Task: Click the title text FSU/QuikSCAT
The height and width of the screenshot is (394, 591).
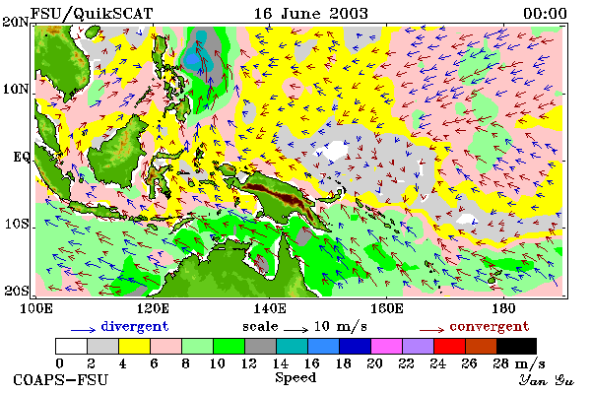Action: tap(92, 14)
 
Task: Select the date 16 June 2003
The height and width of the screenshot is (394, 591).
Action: tap(311, 14)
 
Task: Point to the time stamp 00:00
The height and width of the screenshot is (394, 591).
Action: tap(545, 14)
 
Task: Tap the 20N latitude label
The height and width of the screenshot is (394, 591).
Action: tap(16, 22)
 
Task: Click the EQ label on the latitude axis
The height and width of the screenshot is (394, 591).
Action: tap(21, 157)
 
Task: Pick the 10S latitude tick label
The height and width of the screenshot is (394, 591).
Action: tap(17, 225)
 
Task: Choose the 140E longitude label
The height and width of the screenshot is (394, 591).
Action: tap(269, 308)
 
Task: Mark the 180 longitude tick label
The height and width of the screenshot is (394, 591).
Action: tap(503, 308)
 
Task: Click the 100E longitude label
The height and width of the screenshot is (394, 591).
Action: tap(36, 308)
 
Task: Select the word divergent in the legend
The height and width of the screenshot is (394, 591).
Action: tap(135, 326)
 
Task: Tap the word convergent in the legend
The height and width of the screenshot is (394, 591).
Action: tap(490, 326)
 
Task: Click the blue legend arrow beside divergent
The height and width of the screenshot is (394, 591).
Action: tap(83, 330)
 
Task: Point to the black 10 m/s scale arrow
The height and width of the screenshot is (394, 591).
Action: tap(295, 330)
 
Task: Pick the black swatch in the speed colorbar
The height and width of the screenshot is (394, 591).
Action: tap(516, 346)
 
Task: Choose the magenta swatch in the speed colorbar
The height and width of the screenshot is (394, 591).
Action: tap(387, 346)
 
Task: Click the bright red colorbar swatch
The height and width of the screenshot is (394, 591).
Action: tap(449, 346)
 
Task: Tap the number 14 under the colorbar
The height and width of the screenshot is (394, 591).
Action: tap(280, 363)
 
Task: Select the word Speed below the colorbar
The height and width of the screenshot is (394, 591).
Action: tap(295, 378)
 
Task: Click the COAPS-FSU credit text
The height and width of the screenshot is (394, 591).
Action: tap(60, 379)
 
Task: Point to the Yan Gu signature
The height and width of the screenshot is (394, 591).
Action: tap(546, 380)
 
